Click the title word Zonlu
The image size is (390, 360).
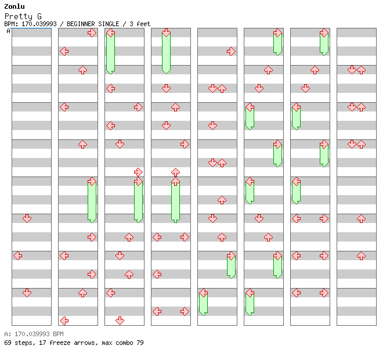(14, 6)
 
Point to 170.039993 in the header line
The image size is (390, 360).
(39, 24)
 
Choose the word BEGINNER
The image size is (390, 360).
(82, 24)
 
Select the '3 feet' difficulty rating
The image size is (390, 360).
(140, 24)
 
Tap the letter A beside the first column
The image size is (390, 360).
(8, 31)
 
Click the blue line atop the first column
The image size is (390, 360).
(31, 28)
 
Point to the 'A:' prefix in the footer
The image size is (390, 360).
(7, 334)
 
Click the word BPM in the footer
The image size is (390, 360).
(55, 334)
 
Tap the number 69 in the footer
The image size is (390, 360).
(8, 343)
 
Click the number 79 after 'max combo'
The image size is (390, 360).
(140, 343)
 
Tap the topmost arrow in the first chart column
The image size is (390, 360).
(27, 218)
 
